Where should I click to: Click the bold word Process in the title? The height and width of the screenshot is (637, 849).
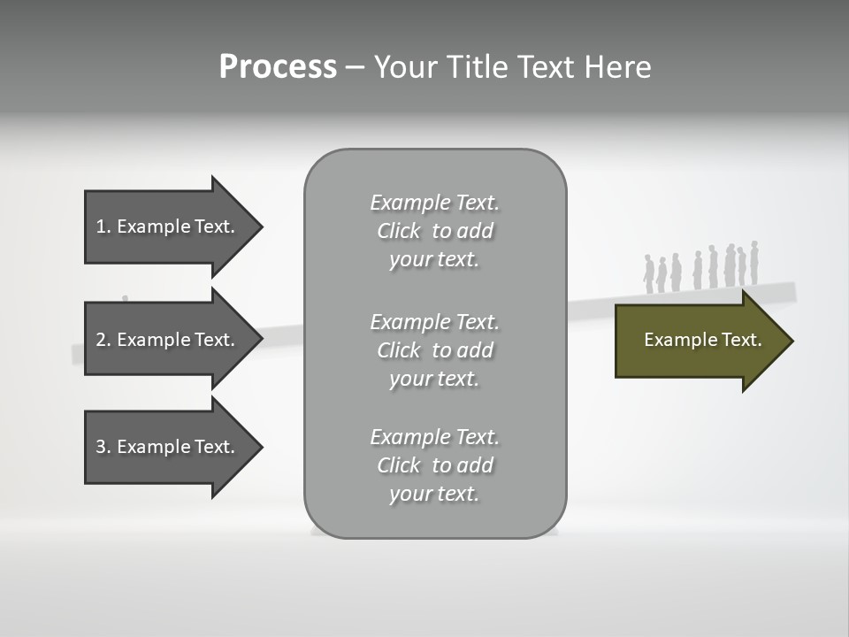pos(278,67)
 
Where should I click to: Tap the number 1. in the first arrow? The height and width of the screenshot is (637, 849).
pos(103,226)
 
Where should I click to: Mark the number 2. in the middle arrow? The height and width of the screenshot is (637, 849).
pos(103,340)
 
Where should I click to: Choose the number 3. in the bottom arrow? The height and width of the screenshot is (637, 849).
pos(103,447)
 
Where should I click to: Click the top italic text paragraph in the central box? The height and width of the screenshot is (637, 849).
pos(434,231)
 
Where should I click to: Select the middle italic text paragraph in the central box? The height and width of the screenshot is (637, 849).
pos(434,349)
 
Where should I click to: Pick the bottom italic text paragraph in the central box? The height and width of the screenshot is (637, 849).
pos(434,465)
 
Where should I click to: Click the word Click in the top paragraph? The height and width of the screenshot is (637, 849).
pos(399,231)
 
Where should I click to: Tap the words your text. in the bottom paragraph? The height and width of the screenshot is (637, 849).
pos(434,494)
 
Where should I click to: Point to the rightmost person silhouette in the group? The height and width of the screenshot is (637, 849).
pos(754,263)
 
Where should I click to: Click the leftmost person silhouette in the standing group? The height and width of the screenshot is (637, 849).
pos(648,274)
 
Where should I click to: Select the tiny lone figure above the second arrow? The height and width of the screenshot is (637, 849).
pos(125,299)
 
